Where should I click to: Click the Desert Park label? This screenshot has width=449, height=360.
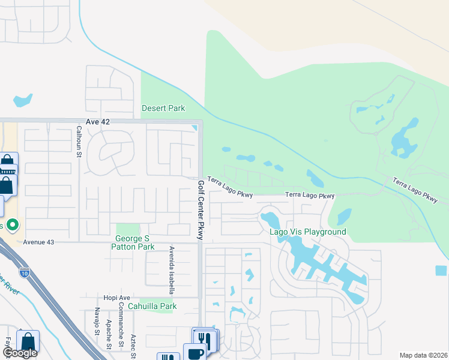coord(163,108)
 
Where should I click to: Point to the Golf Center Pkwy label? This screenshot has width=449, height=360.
coord(200,209)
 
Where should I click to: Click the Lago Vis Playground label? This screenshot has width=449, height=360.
coord(308,232)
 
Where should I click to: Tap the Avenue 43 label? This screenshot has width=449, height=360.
coord(39,242)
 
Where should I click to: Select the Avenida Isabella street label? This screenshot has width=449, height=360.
coord(172,269)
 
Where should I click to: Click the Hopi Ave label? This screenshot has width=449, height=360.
coord(116,298)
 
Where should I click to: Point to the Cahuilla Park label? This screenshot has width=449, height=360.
coord(155,306)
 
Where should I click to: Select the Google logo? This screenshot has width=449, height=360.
coord(20,353)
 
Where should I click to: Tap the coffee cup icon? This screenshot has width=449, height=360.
coord(195,353)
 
